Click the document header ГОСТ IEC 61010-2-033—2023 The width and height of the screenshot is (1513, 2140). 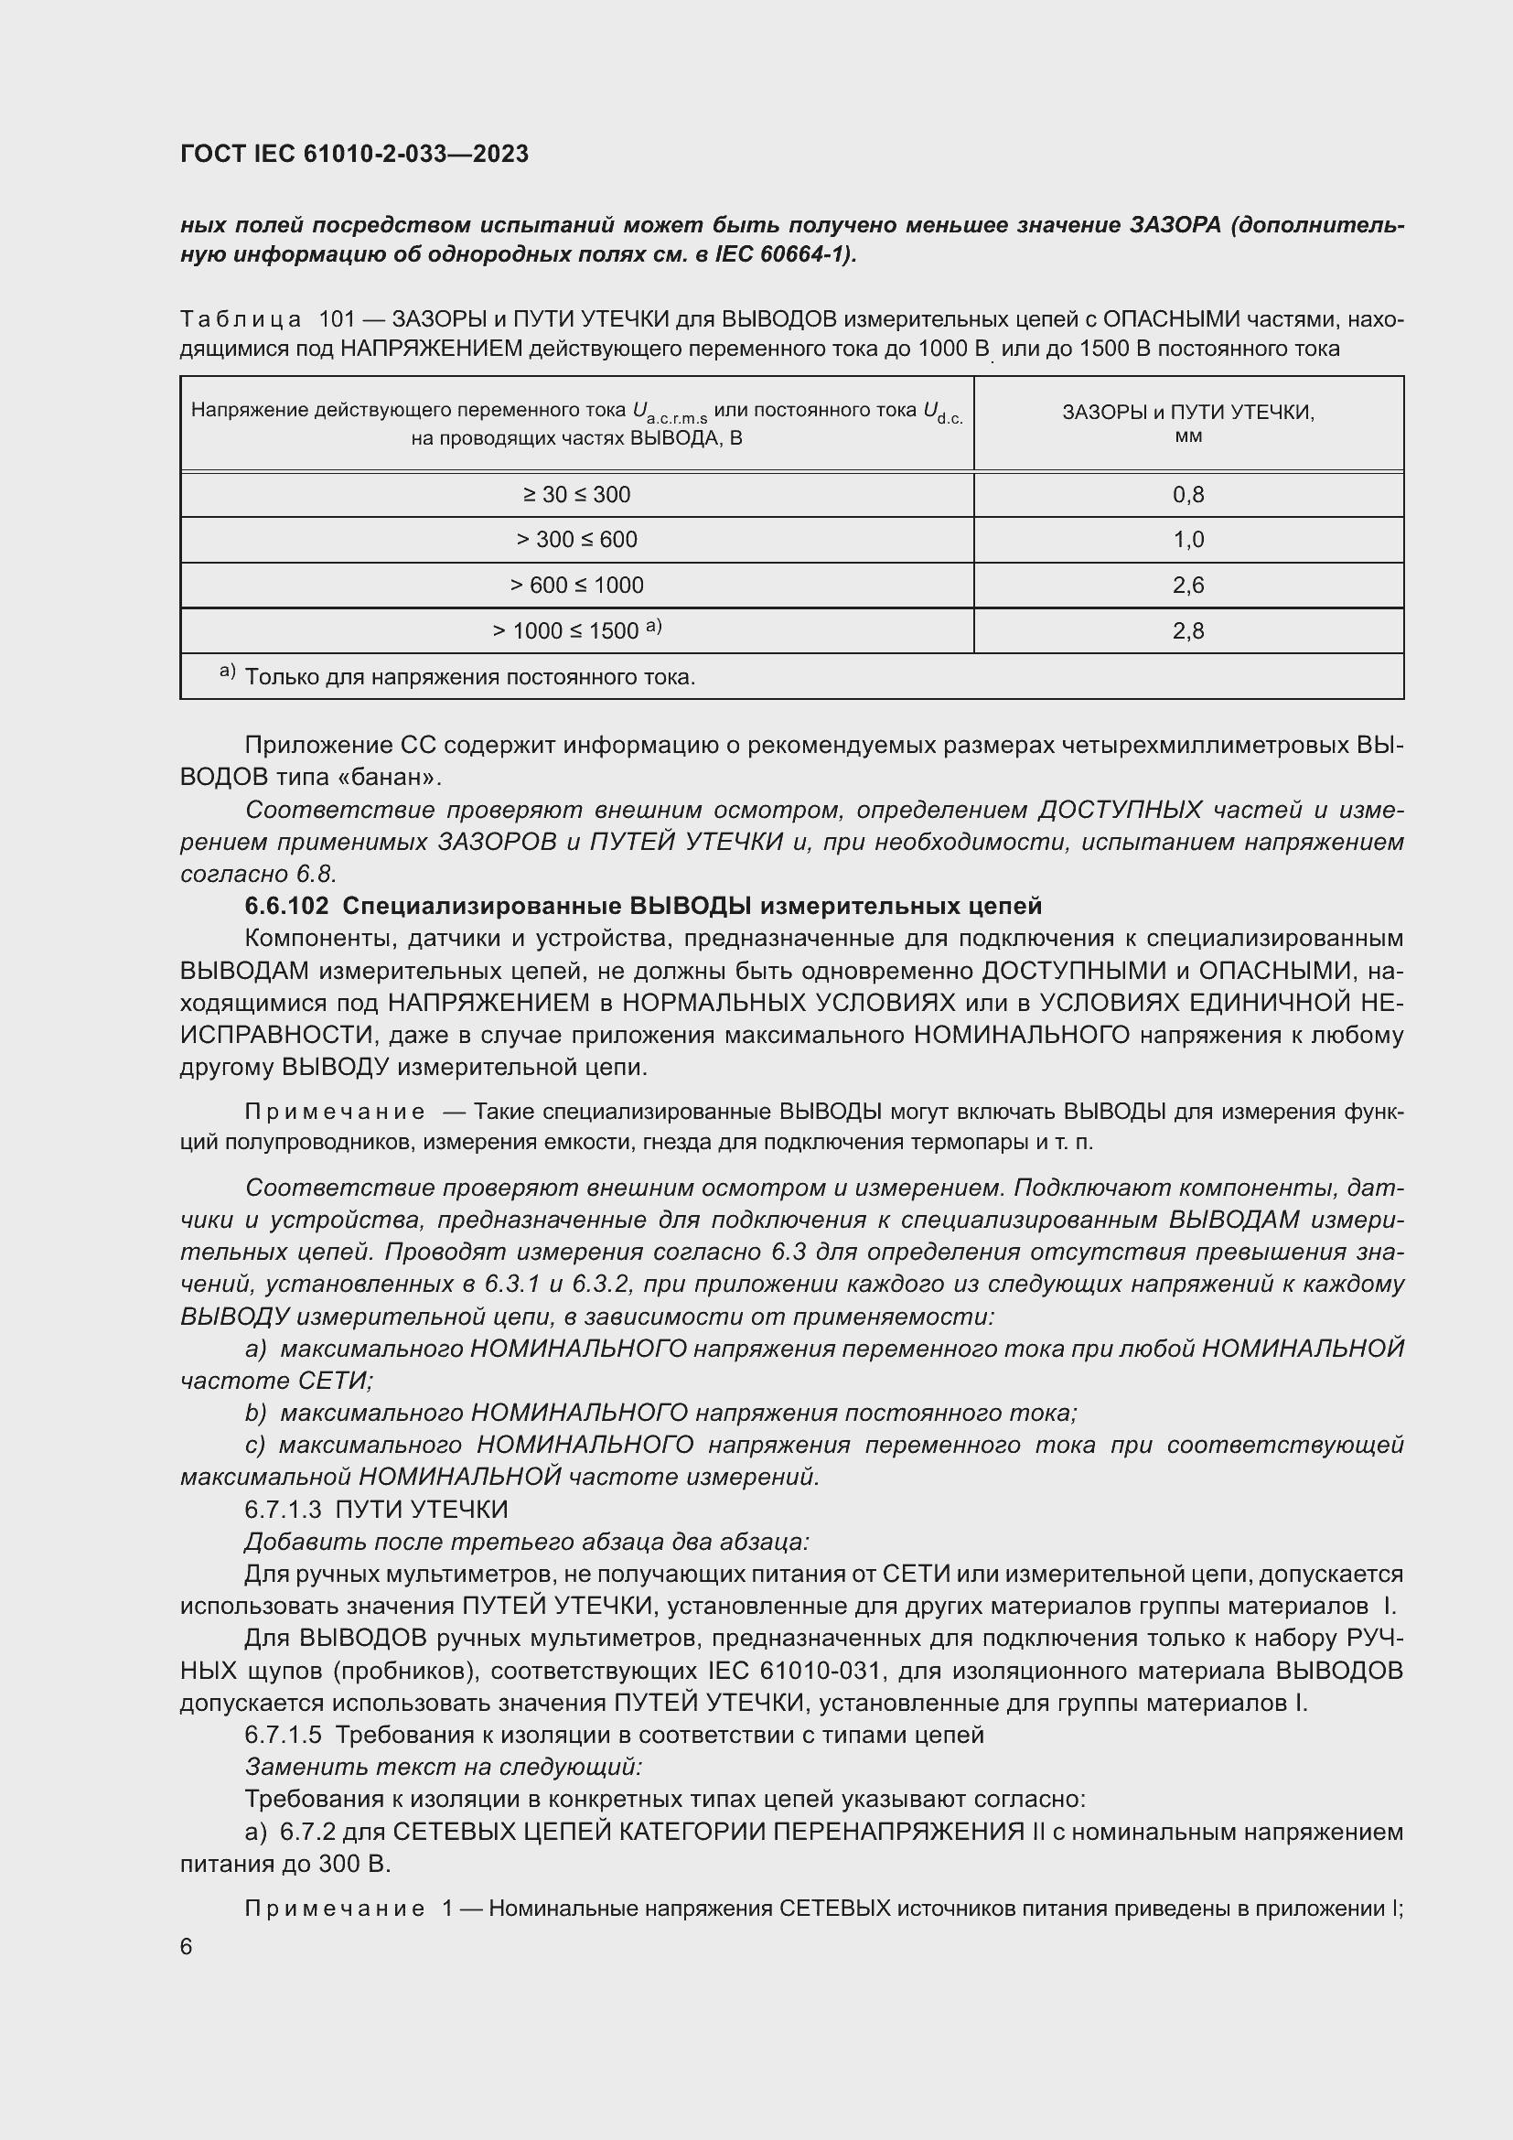pos(354,154)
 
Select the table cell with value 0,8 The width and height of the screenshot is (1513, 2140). pos(1188,494)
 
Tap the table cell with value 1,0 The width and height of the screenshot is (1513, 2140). pos(1188,540)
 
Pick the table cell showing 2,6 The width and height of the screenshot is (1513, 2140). pos(1188,586)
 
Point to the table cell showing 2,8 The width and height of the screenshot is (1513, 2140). pos(1188,631)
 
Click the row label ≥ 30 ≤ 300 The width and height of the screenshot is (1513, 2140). pos(576,494)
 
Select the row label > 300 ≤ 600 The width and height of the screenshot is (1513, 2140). pos(576,540)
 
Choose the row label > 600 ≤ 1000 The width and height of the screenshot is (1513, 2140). pos(576,586)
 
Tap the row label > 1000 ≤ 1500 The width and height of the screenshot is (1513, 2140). pos(576,631)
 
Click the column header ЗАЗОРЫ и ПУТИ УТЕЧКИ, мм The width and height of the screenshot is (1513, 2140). pos(1188,424)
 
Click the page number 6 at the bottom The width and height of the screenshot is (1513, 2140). pos(187,1947)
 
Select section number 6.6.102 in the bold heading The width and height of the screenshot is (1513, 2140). pos(286,906)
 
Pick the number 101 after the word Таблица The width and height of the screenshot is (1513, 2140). pos(338,319)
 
